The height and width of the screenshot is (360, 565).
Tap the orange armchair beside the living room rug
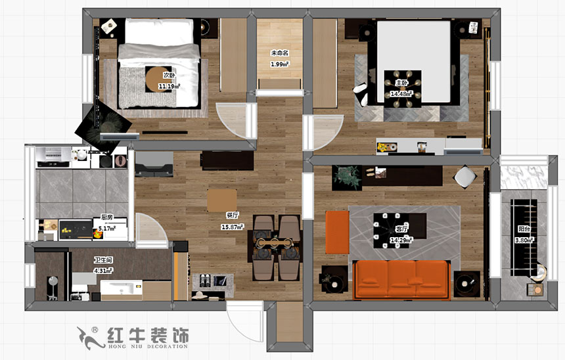pyautogui.click(x=337, y=231)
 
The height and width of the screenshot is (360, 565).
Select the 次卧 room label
pyautogui.click(x=169, y=76)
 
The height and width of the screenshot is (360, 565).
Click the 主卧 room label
pyautogui.click(x=401, y=83)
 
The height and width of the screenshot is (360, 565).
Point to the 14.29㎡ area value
pyautogui.click(x=401, y=240)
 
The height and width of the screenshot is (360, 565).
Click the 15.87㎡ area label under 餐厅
pyautogui.click(x=233, y=227)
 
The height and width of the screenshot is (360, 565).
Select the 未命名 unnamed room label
pyautogui.click(x=280, y=53)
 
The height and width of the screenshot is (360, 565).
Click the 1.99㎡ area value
pyautogui.click(x=280, y=64)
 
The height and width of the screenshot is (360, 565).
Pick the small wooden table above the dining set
pyautogui.click(x=221, y=199)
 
